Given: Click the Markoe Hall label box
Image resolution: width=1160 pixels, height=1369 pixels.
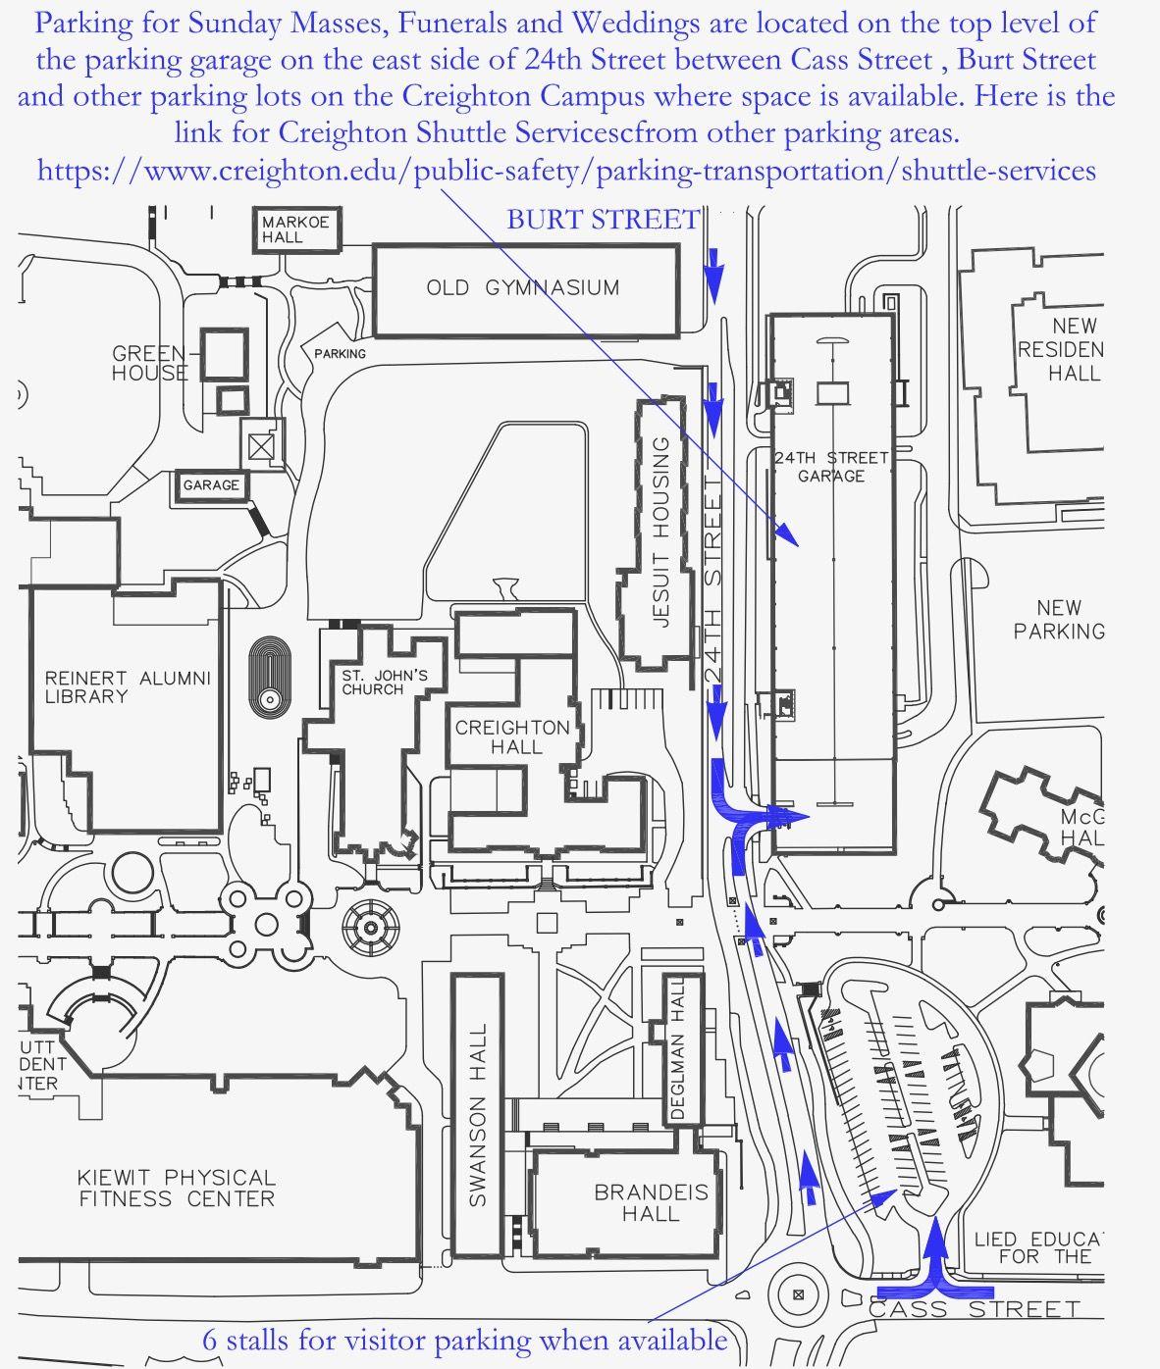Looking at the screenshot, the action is click(x=296, y=229).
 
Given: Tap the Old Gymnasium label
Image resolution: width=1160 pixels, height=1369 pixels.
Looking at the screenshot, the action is click(x=523, y=288).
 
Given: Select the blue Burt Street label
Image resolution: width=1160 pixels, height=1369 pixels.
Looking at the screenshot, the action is click(x=604, y=220).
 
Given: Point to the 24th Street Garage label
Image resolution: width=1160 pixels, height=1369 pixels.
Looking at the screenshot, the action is click(x=831, y=467).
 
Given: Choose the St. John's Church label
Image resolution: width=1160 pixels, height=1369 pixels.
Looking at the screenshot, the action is click(x=385, y=683).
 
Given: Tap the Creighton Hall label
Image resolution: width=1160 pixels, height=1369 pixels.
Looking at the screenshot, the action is click(x=512, y=737).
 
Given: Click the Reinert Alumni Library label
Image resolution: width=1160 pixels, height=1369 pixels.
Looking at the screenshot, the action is click(x=128, y=687).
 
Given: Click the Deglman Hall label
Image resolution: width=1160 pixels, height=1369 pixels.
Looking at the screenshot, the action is click(x=677, y=1048).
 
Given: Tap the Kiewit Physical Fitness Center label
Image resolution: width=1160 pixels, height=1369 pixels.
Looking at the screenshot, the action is click(x=177, y=1189).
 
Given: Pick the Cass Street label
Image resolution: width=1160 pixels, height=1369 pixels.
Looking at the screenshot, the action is click(x=975, y=1309).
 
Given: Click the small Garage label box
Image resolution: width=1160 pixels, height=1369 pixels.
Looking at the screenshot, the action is click(x=211, y=485).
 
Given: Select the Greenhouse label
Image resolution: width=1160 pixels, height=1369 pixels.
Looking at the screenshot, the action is click(x=150, y=363).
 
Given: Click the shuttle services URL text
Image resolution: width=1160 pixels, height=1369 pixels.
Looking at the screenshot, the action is click(x=566, y=171).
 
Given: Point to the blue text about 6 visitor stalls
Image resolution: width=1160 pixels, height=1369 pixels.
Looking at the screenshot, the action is click(x=465, y=1340).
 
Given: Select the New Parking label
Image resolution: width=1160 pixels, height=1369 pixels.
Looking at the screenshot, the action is click(x=1059, y=619).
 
